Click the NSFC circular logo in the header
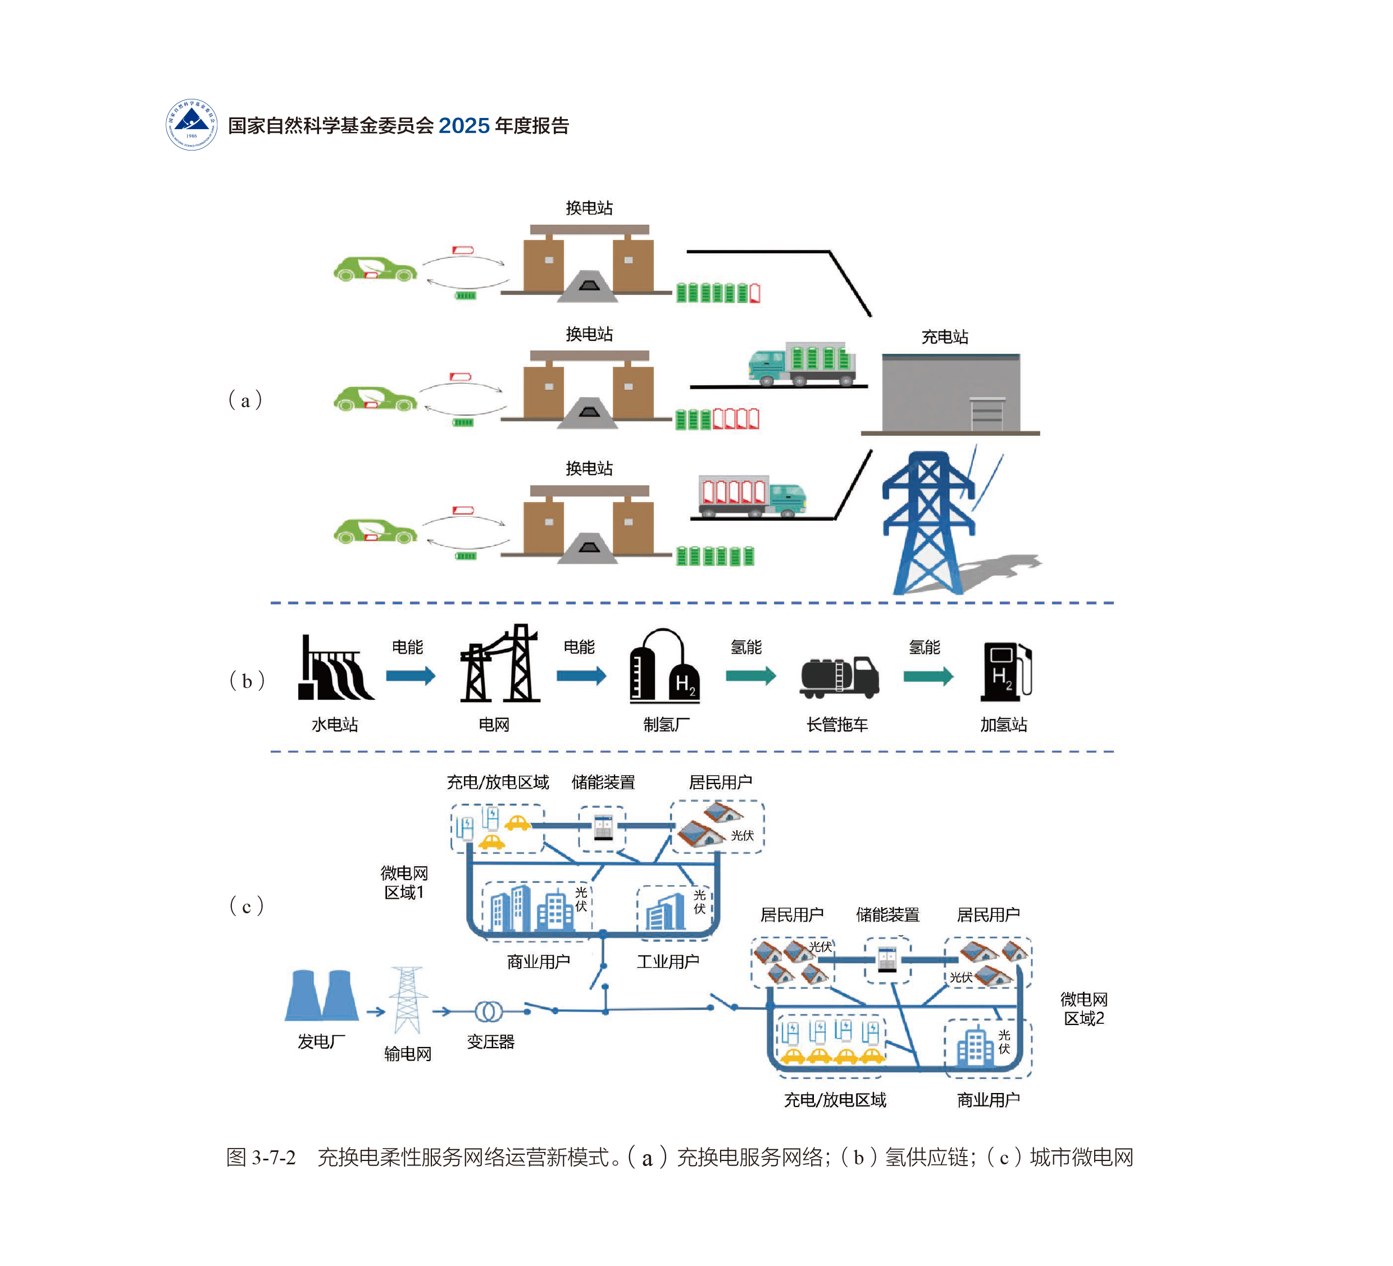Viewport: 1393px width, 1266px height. tap(192, 124)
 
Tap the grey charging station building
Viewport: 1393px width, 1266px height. tap(951, 393)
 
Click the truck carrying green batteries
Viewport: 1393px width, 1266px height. tap(802, 363)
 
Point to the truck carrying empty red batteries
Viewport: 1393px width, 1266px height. tap(752, 495)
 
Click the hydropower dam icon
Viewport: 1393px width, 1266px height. tap(336, 669)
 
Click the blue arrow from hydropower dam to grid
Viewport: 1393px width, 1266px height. tap(411, 675)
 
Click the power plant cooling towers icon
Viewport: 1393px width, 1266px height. tap(322, 996)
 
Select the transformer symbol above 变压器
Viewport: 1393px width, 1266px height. tap(489, 1012)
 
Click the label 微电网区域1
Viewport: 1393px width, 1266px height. tap(404, 882)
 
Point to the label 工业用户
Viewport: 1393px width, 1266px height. tap(667, 961)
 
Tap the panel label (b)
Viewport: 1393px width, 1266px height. tap(247, 681)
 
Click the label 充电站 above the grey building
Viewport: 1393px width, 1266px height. tap(945, 336)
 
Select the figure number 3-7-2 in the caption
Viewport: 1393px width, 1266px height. tap(274, 1157)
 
